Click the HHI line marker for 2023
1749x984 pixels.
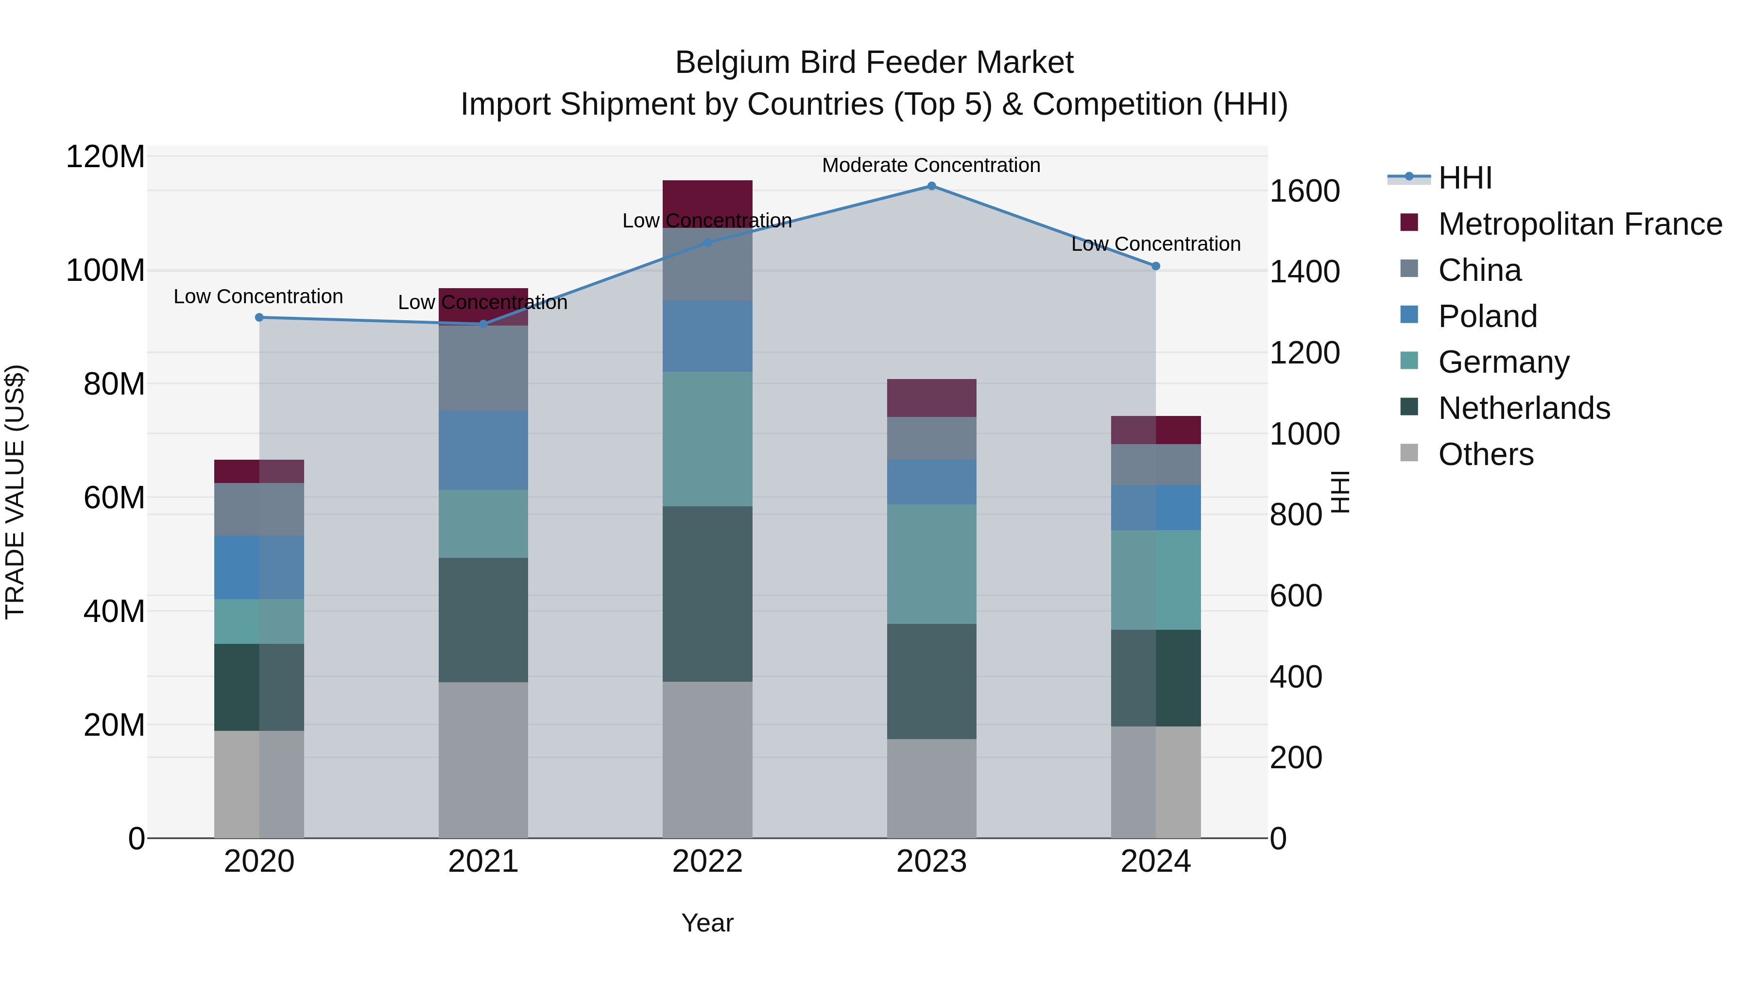click(931, 186)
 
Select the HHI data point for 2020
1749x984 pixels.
click(259, 317)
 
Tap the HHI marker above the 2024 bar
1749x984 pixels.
click(1156, 266)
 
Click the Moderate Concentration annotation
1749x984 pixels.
click(931, 165)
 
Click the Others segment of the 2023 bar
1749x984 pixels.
click(931, 788)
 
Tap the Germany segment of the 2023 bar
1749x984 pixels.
click(931, 564)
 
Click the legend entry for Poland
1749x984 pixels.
click(1487, 316)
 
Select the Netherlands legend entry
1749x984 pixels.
click(1524, 408)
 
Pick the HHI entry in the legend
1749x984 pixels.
click(1464, 178)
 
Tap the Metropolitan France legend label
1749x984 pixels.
click(1580, 224)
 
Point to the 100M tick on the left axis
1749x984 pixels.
click(105, 270)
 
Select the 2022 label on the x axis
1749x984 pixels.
click(707, 862)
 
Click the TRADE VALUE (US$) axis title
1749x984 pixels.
click(15, 492)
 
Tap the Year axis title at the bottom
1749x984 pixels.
click(707, 923)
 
